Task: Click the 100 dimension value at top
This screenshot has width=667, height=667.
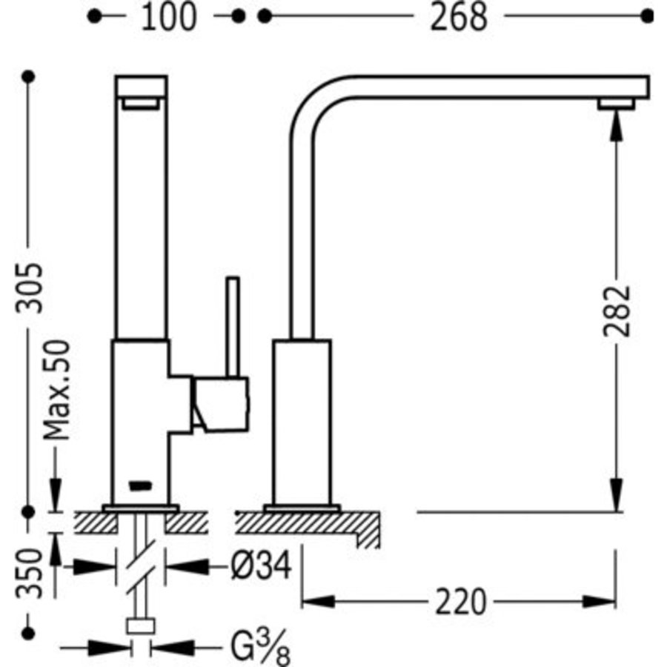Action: (168, 16)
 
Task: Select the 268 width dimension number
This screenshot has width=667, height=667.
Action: (458, 16)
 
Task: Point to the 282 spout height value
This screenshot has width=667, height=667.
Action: (617, 311)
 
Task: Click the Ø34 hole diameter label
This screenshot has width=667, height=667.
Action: (259, 567)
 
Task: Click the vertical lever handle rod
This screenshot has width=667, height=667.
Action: (233, 326)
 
